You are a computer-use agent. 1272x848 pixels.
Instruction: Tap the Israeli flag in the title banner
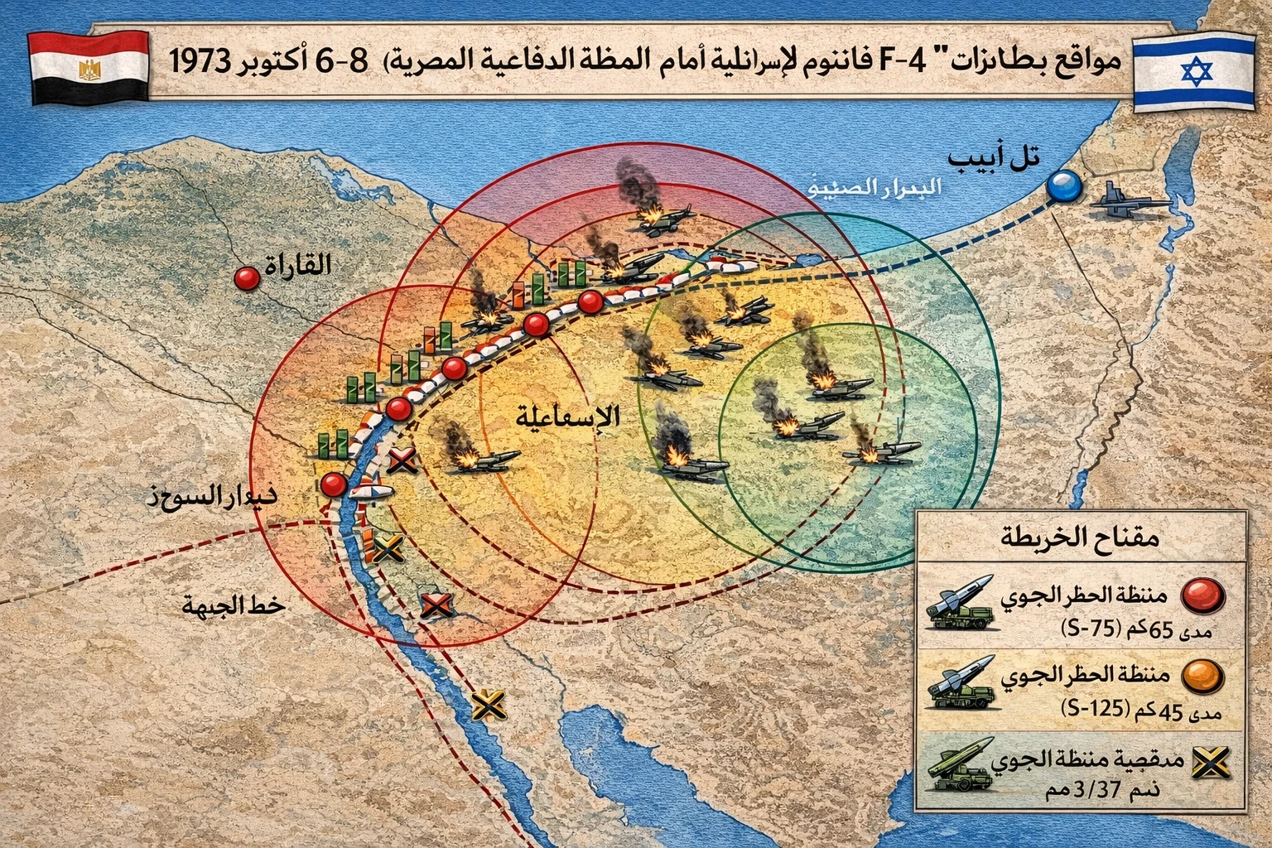point(1193,73)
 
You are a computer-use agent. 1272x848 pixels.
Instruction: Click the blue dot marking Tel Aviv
point(1063,186)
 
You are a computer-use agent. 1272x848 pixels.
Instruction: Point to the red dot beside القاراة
point(247,278)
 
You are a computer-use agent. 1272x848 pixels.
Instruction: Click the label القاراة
point(296,265)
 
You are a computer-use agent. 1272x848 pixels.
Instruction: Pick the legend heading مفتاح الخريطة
point(1081,538)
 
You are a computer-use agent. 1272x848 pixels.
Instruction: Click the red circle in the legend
point(1202,595)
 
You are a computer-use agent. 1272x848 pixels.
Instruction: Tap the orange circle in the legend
point(1202,677)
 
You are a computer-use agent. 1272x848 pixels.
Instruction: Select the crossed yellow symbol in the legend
point(1210,764)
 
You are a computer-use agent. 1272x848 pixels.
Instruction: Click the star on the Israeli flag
point(1193,73)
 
